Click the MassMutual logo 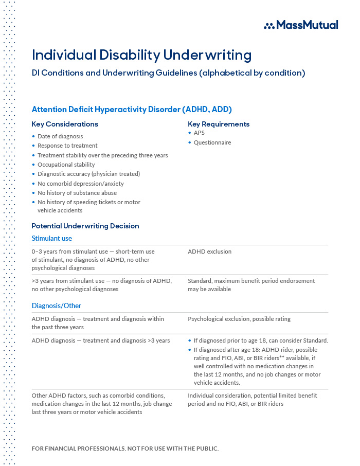tap(301, 25)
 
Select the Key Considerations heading tap(65, 124)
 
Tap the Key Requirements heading tap(219, 124)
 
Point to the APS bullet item tap(199, 133)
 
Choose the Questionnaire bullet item tap(212, 142)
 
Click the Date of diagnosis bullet tap(60, 136)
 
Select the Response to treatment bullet tap(67, 146)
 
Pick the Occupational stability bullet tap(66, 165)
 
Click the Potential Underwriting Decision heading tap(85, 226)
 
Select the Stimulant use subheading tap(52, 238)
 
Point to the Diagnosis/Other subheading tap(57, 306)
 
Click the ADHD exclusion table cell tap(210, 252)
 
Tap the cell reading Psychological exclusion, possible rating tap(239, 319)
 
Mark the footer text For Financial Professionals tap(125, 449)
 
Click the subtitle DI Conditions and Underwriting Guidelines tap(168, 73)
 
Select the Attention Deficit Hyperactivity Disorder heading tap(132, 109)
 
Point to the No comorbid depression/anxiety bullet tap(81, 184)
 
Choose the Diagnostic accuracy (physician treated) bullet tap(88, 174)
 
